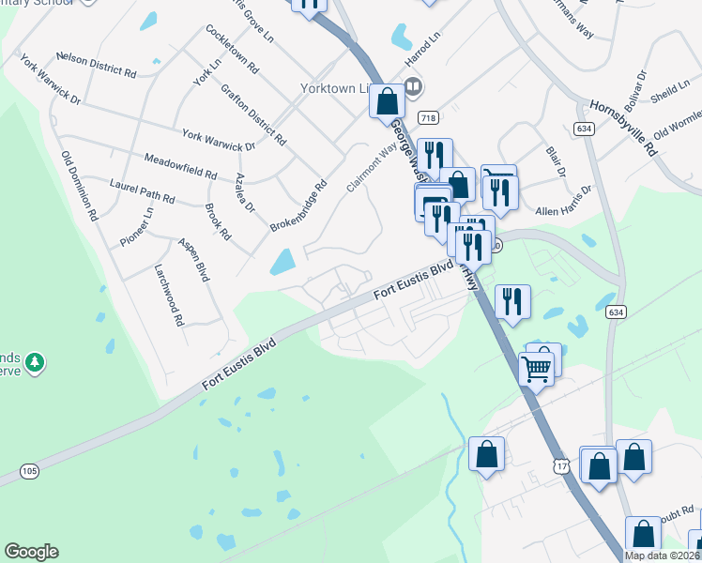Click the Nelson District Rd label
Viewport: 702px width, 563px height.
[96, 64]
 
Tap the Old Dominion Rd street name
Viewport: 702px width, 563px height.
[80, 186]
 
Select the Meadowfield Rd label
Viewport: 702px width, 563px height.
[180, 165]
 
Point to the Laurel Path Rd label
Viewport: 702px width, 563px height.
[143, 191]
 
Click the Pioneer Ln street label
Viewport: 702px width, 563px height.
[134, 229]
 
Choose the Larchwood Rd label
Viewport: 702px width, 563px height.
[169, 294]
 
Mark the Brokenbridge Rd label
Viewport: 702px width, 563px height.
[297, 208]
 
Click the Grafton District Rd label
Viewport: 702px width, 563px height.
[253, 115]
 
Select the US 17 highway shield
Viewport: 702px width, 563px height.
[560, 466]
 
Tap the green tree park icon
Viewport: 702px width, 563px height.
[35, 361]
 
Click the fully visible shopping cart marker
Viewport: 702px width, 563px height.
[536, 369]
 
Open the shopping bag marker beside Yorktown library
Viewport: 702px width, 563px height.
[387, 100]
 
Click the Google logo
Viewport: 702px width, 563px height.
[31, 552]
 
